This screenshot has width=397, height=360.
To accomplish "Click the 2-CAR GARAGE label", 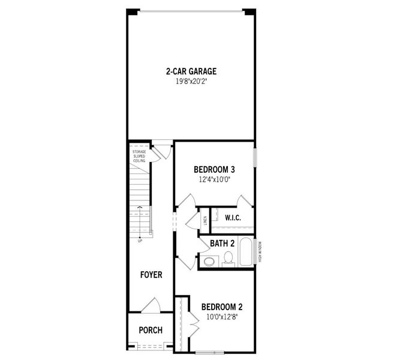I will point(191,71).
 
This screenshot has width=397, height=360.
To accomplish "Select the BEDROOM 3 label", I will point(214,169).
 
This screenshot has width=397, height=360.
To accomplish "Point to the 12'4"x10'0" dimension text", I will point(214,178).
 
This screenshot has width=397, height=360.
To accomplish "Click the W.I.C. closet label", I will point(233,217).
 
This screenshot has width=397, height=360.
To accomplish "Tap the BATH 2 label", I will point(222,244).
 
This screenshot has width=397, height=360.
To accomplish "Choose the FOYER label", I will point(151,275).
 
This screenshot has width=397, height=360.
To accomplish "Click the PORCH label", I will point(151,331).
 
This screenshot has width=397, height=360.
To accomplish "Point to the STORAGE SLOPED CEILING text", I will point(139,156).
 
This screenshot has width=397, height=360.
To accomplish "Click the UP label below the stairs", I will point(140,241).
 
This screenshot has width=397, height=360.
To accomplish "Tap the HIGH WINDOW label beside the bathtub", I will point(260,252).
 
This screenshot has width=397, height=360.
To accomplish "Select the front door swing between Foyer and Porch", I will point(151,305).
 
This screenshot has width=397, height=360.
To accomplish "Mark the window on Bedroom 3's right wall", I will point(255,158).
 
